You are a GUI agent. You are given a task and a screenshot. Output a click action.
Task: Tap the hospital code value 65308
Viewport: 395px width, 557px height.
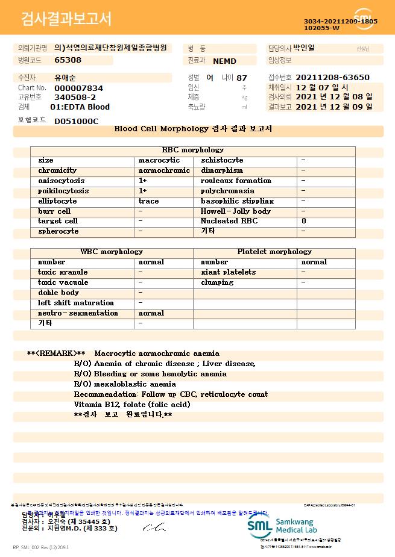point(68,60)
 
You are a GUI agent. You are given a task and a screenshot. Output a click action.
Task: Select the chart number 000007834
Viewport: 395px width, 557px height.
point(78,87)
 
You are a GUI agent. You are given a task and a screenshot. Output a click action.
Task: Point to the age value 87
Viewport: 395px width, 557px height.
point(242,78)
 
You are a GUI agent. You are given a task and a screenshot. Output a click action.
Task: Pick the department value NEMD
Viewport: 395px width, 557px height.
point(224,61)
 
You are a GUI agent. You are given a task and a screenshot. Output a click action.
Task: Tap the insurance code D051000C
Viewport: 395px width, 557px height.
point(76,121)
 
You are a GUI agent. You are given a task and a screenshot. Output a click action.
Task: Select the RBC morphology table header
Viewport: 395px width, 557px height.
point(193,150)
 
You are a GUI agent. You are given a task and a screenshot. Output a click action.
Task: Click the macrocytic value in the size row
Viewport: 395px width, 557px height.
point(159,160)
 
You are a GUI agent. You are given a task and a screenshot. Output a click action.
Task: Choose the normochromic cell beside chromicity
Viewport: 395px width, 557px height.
point(164,170)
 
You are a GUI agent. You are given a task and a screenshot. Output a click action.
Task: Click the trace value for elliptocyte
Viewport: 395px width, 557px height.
point(148,201)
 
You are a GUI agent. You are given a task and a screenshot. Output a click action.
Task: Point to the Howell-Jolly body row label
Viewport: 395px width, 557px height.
point(236,211)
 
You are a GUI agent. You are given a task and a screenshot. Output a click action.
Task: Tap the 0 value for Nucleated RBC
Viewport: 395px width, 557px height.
point(303,221)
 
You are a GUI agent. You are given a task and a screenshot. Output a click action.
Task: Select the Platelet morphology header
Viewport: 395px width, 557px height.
point(274,252)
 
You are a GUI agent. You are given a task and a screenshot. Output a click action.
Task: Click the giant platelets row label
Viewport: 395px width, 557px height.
point(228,272)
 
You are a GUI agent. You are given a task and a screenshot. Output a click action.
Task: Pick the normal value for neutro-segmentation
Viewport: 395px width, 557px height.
point(151,313)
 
